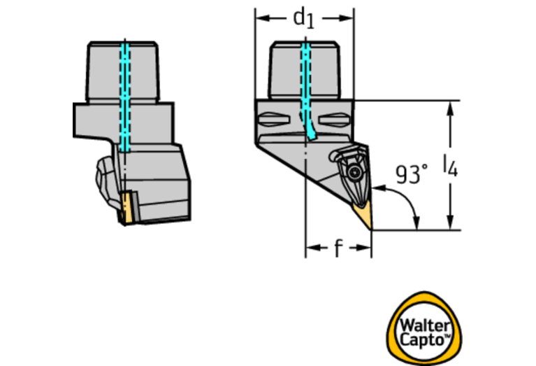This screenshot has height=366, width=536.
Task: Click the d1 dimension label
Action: (303, 17)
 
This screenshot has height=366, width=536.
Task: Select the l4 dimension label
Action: (450, 166)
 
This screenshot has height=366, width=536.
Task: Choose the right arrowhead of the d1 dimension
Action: (349, 17)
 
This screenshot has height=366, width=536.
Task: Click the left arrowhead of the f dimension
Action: (311, 248)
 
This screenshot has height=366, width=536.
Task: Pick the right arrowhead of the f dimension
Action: (365, 248)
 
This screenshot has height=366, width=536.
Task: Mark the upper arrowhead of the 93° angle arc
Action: (378, 188)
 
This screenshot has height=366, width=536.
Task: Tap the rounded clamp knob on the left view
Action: (102, 178)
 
